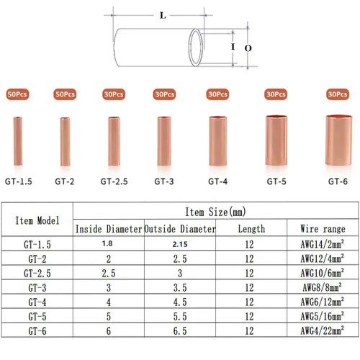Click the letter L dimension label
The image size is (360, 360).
(163, 16)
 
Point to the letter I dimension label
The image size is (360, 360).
(233, 47)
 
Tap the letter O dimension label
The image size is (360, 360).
(248, 48)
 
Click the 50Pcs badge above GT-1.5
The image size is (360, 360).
(17, 94)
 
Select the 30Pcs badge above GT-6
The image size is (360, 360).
(338, 94)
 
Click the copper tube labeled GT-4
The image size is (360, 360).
(217, 141)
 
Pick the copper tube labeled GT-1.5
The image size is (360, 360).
(18, 141)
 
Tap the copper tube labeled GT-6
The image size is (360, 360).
(338, 140)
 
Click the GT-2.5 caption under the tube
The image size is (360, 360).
(114, 181)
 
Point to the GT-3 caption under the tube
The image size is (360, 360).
(164, 181)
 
